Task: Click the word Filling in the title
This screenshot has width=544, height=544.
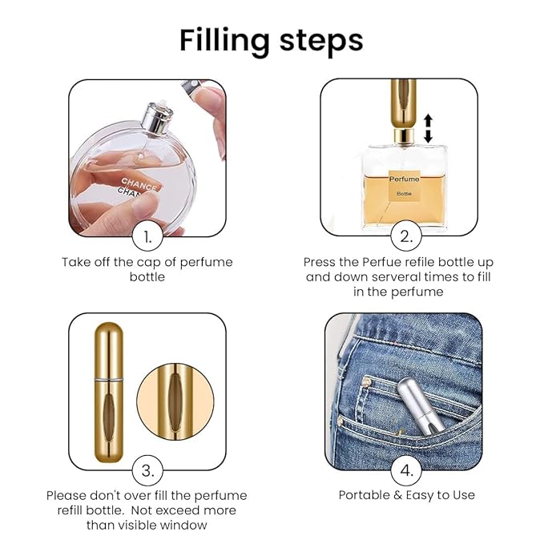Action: click(x=224, y=42)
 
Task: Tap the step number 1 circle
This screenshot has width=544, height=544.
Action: click(x=147, y=236)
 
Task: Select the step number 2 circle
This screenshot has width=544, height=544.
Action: click(x=406, y=236)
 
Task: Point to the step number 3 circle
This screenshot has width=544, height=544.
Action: click(x=147, y=470)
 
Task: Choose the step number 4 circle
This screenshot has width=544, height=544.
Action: click(x=406, y=470)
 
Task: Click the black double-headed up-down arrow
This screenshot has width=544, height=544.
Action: click(x=428, y=128)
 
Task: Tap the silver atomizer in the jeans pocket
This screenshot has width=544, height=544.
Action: click(x=421, y=405)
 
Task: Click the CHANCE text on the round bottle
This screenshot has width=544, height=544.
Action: click(x=139, y=184)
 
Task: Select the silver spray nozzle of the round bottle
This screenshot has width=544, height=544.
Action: click(x=158, y=117)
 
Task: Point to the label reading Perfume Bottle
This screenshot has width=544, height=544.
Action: click(x=404, y=186)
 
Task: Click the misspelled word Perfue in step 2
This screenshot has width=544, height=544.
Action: click(x=377, y=262)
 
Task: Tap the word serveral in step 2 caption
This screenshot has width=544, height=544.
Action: click(x=399, y=277)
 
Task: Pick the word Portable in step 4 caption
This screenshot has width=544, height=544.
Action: click(x=364, y=495)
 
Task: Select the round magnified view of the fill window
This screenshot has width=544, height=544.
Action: click(x=175, y=401)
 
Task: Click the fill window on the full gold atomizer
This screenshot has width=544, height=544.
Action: click(x=109, y=418)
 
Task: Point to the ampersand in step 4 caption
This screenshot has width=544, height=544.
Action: click(x=397, y=495)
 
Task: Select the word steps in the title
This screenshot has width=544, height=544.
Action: click(x=321, y=42)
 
